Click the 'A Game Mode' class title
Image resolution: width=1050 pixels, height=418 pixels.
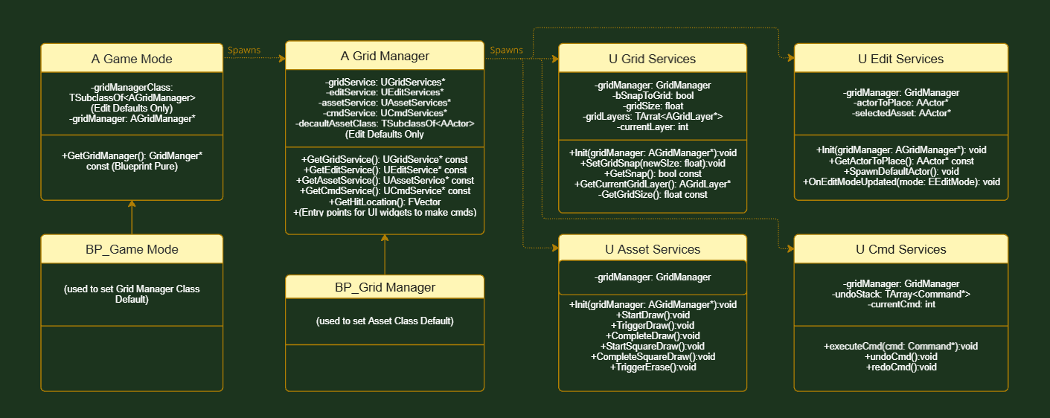(x=132, y=59)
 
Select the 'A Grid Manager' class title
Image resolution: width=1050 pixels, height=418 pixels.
(x=385, y=56)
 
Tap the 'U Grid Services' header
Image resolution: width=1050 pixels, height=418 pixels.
(x=652, y=59)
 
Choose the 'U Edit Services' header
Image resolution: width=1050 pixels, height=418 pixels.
(x=900, y=59)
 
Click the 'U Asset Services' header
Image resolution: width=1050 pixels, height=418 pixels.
(x=652, y=249)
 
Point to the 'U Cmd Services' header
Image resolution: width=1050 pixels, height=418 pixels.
(x=900, y=249)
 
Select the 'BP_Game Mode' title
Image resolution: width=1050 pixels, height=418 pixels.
(x=132, y=249)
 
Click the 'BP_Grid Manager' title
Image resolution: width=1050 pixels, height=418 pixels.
(x=385, y=287)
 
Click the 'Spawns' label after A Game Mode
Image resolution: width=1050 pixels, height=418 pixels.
(x=244, y=50)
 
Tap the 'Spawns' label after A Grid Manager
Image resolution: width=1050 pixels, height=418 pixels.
(x=506, y=50)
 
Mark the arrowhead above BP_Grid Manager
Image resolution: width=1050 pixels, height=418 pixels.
(x=385, y=238)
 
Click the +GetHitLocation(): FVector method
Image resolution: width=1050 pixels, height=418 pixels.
(x=385, y=202)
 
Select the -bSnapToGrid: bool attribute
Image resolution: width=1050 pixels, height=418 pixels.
(x=652, y=96)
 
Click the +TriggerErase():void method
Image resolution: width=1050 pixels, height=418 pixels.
(x=653, y=367)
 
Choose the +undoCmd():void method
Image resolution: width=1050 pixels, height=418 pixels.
(x=900, y=357)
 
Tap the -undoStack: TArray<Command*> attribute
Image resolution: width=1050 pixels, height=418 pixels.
(x=900, y=295)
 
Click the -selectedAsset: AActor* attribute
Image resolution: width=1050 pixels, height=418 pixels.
(x=900, y=113)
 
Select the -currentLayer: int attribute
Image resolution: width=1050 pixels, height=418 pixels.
(x=652, y=126)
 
